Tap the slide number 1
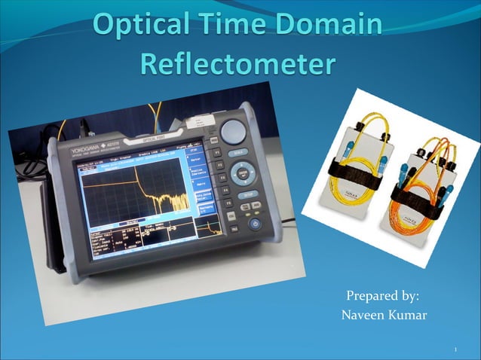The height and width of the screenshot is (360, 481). [457, 350]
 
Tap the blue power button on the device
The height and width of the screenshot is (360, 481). [254, 224]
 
